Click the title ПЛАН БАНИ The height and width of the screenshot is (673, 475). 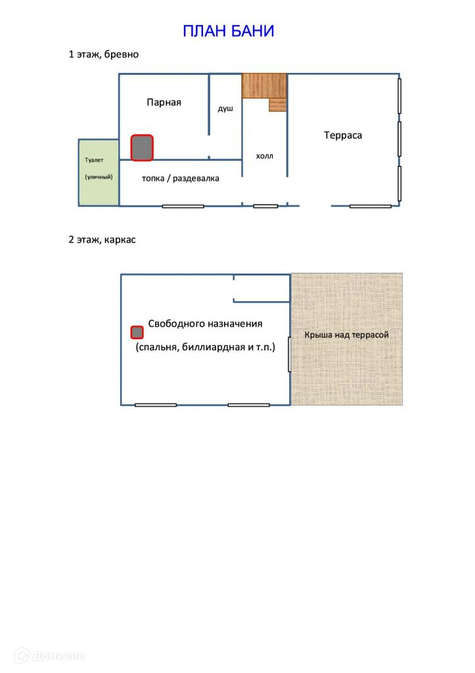228,31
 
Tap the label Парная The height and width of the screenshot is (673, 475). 164,102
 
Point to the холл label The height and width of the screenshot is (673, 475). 264,156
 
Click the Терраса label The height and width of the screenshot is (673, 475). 343,135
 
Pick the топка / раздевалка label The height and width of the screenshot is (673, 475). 181,178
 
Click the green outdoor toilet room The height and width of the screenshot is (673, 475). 99,172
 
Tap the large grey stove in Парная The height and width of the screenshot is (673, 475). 142,148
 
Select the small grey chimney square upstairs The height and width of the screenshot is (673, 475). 137,333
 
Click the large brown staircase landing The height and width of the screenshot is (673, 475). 264,85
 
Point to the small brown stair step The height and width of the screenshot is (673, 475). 278,105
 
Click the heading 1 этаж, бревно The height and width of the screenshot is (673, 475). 103,55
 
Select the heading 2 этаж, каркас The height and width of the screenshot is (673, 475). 102,240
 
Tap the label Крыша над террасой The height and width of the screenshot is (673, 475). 346,335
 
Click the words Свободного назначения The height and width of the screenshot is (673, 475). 205,323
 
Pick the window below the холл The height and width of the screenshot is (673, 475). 265,206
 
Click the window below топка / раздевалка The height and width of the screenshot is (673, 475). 183,206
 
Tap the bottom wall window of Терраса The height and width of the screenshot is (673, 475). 370,206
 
